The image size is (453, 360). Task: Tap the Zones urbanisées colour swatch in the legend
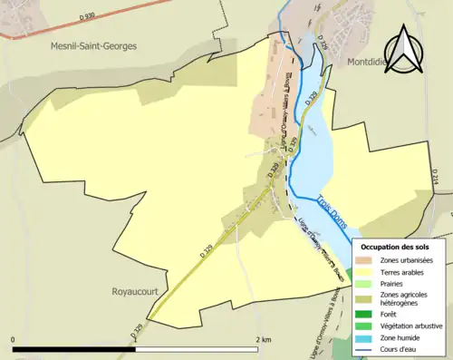pos(365,260)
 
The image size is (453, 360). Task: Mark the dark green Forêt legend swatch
pos(365,315)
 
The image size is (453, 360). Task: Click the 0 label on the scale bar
pos(14,340)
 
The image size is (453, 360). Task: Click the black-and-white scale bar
pos(136,350)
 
